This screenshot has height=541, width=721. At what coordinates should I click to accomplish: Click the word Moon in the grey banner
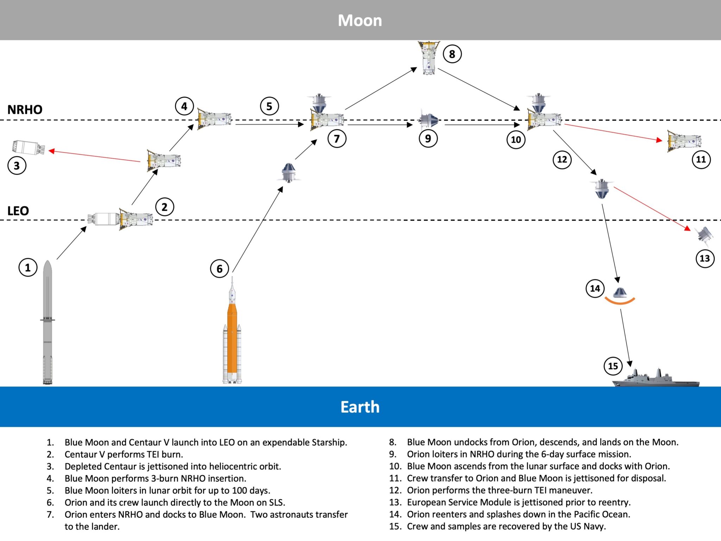tap(360, 20)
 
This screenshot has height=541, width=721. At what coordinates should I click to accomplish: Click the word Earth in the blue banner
tap(360, 407)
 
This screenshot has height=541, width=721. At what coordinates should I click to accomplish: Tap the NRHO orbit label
tap(25, 110)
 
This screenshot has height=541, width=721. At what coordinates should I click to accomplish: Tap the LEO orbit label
tap(18, 211)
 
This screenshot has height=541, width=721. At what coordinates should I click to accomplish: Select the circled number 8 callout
tap(452, 54)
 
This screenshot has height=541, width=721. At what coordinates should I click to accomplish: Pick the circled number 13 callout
tap(705, 259)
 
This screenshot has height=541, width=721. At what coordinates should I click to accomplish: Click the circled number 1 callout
tap(28, 268)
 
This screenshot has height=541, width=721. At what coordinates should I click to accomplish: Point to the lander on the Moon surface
tap(428, 58)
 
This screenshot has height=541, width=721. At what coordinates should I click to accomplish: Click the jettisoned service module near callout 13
tap(704, 234)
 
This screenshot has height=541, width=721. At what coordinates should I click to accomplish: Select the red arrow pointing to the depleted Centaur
tap(94, 156)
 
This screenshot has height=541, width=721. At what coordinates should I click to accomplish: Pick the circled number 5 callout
tap(269, 106)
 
